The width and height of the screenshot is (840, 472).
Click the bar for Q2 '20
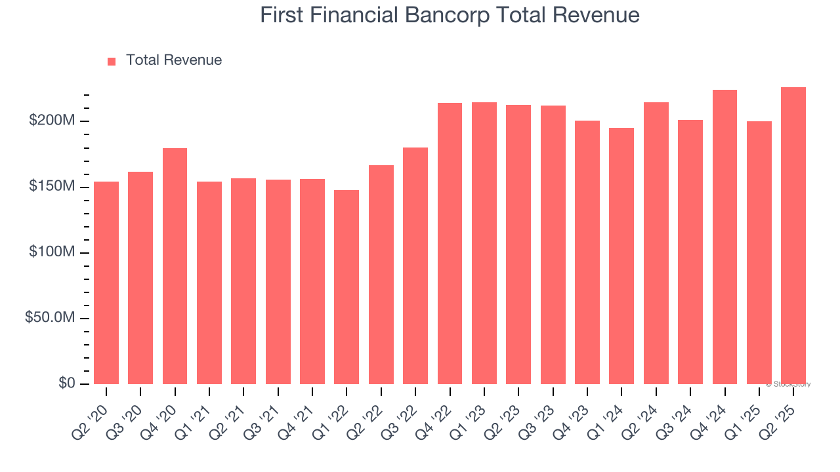click(106, 283)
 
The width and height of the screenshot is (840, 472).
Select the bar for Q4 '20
click(175, 266)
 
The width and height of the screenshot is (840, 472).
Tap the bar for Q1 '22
click(346, 287)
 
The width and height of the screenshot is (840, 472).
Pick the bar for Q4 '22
click(450, 243)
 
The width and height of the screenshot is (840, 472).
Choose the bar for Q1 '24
click(621, 256)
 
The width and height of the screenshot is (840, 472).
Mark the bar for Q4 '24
click(724, 237)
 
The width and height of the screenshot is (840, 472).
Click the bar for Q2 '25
click(793, 235)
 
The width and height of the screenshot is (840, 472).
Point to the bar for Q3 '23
click(553, 245)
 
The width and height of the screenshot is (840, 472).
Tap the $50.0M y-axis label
click(50, 318)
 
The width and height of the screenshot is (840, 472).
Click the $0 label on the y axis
click(67, 383)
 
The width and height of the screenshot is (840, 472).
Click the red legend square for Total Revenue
click(112, 62)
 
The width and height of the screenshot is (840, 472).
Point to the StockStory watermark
click(788, 384)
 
